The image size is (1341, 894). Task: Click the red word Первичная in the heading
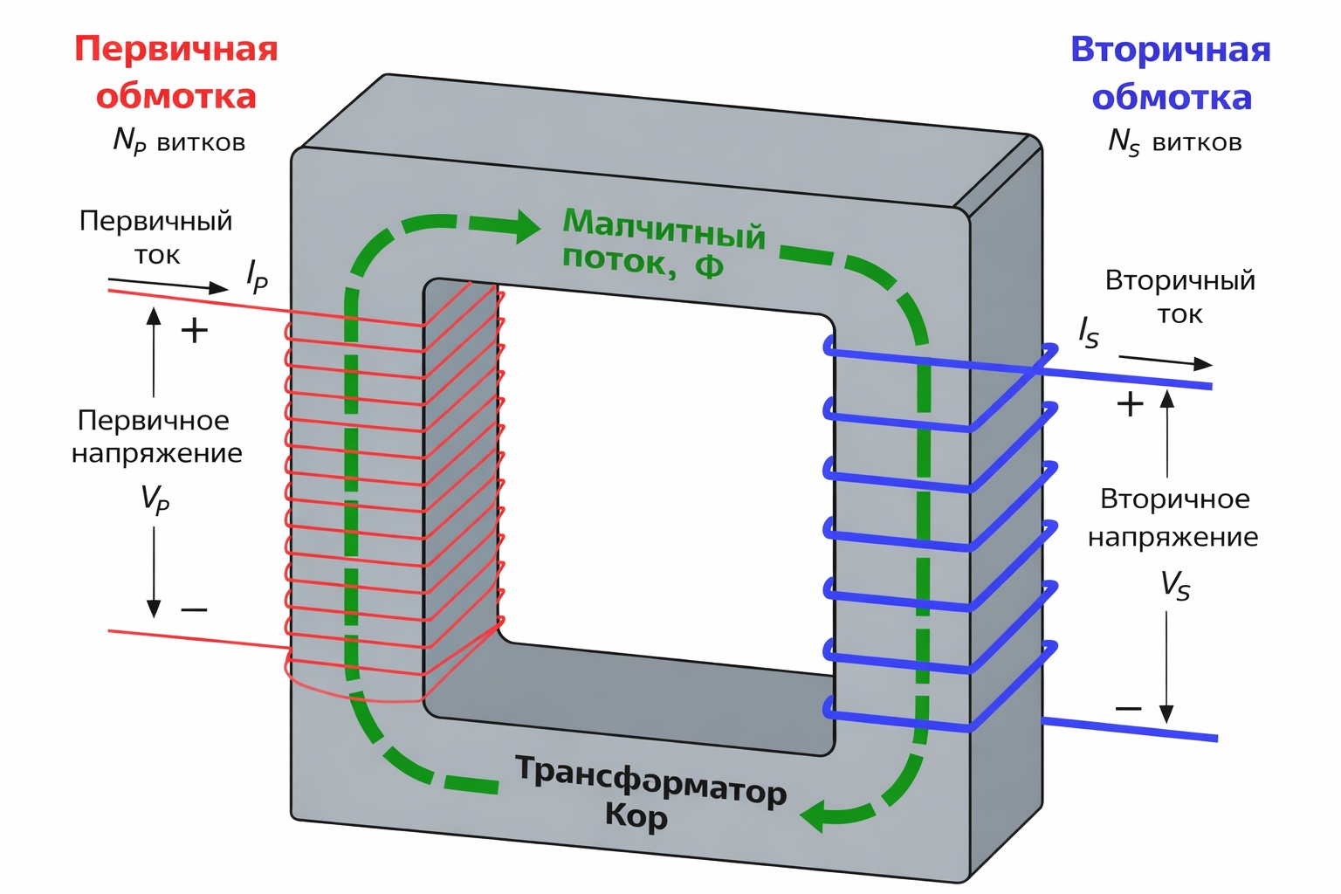click(x=175, y=49)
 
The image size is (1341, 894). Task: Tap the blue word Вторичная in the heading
click(x=1170, y=50)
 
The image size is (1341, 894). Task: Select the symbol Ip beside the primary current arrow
click(x=257, y=276)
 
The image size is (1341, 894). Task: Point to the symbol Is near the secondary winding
click(x=1088, y=333)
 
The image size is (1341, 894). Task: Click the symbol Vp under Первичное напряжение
click(x=155, y=499)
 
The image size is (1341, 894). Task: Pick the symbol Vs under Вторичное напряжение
click(x=1175, y=585)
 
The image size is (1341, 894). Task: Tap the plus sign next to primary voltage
click(x=194, y=330)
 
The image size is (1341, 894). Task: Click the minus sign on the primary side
click(x=194, y=609)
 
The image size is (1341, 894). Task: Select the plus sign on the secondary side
click(x=1130, y=403)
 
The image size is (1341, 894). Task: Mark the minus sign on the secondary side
click(x=1128, y=708)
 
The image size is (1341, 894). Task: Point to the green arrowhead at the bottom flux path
click(x=815, y=817)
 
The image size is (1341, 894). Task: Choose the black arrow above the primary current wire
click(x=168, y=285)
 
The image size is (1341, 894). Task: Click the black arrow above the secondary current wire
click(x=1166, y=361)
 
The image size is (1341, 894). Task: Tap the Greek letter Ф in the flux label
click(x=709, y=266)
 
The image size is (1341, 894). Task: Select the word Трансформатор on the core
click(x=650, y=779)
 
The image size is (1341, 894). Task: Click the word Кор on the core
click(x=636, y=816)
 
